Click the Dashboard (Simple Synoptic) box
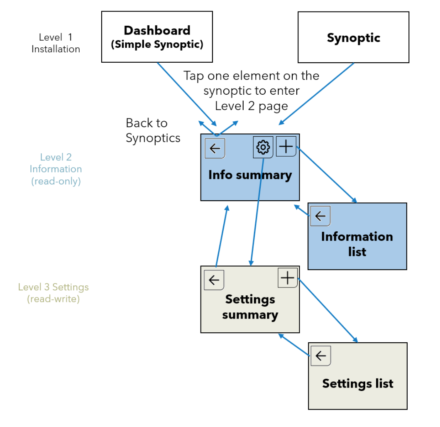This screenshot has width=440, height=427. pyautogui.click(x=157, y=37)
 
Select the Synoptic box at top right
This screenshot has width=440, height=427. pyautogui.click(x=353, y=37)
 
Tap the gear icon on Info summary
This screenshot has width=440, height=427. pyautogui.click(x=263, y=147)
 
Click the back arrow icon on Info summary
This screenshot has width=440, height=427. pyautogui.click(x=215, y=148)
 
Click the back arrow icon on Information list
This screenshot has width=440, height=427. pyautogui.click(x=320, y=216)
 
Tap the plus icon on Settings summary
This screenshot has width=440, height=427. pyautogui.click(x=287, y=278)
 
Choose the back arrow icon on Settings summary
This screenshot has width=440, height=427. pyautogui.click(x=214, y=280)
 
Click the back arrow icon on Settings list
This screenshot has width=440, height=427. pyautogui.click(x=320, y=356)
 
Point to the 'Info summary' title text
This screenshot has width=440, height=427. pyautogui.click(x=250, y=175)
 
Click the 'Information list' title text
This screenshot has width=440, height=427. pyautogui.click(x=357, y=244)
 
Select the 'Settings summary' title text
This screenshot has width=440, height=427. pyautogui.click(x=250, y=307)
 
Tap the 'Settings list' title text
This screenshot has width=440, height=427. pyautogui.click(x=357, y=383)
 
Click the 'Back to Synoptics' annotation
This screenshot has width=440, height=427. pyautogui.click(x=153, y=130)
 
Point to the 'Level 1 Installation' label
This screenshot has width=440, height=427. pyautogui.click(x=56, y=43)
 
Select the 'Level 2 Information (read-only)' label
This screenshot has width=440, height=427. pyautogui.click(x=56, y=169)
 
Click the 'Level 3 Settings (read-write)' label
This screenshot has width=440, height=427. pyautogui.click(x=53, y=292)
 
